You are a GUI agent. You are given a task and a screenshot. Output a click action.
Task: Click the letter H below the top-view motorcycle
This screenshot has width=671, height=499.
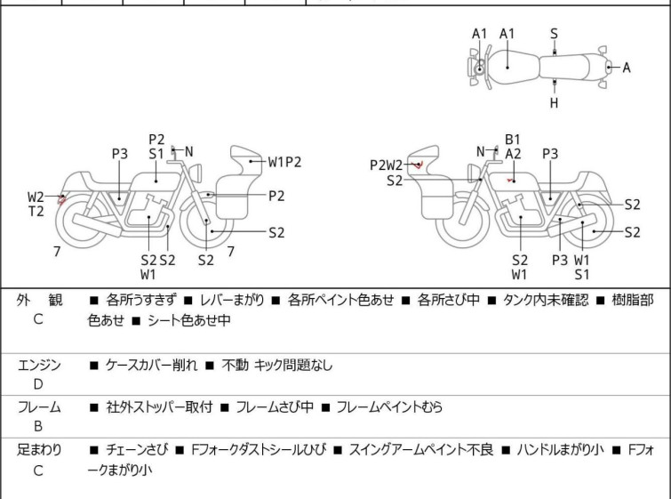pos(554,102)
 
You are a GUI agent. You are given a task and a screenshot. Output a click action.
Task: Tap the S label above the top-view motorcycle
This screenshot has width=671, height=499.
pos(554,34)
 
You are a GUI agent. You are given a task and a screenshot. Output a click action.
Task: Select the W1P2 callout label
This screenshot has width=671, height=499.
pos(286,162)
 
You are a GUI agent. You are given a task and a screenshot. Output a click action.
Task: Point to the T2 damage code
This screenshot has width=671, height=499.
pos(36,211)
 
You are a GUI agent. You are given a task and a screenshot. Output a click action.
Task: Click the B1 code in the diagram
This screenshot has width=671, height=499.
pos(512,139)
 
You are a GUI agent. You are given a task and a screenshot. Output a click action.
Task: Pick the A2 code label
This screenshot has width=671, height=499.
pos(513,154)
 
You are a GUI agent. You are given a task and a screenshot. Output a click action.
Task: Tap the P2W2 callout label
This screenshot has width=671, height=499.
pos(387,165)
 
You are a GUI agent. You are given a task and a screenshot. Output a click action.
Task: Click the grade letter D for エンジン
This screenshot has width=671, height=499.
pos(37,384)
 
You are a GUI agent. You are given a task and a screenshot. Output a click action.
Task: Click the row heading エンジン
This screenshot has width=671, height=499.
pos(39,365)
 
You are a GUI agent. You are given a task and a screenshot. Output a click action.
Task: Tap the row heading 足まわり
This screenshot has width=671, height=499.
pos(39,450)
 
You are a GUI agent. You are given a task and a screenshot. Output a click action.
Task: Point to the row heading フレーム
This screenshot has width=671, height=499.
pos(39,407)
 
